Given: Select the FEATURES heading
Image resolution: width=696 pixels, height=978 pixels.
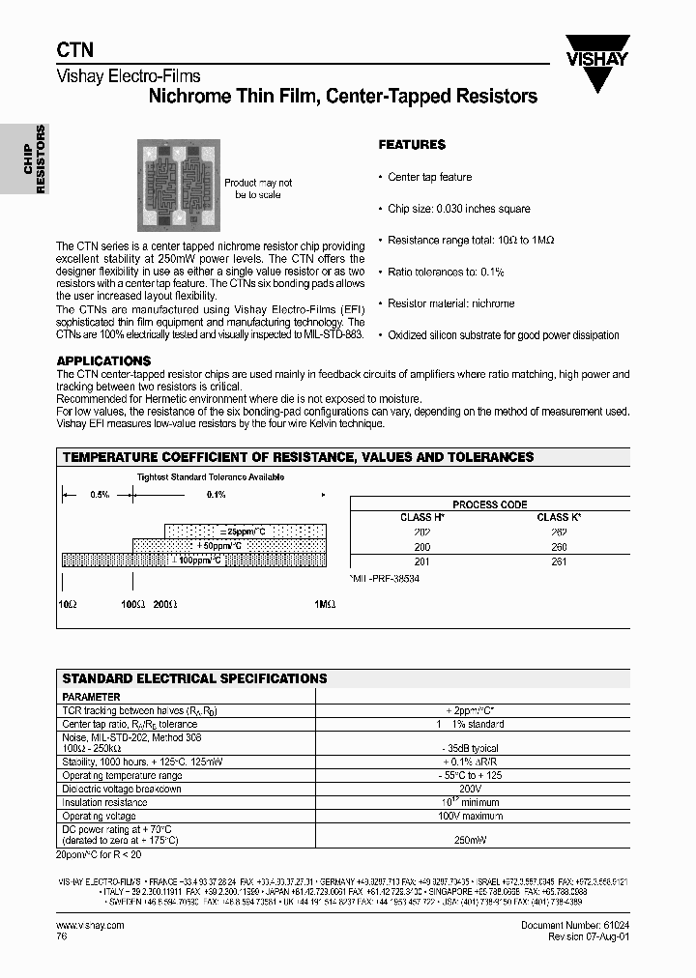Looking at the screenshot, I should [x=412, y=145].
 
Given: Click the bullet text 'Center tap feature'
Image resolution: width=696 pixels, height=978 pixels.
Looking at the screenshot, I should [x=430, y=177].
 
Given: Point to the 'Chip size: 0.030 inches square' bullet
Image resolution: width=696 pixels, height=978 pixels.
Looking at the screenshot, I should [x=459, y=209].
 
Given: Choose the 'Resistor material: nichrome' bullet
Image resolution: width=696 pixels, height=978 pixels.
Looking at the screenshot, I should [x=450, y=303].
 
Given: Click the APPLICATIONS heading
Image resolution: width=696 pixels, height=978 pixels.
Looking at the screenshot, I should [x=103, y=360].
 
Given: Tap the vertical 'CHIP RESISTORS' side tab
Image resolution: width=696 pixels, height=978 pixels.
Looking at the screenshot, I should [x=35, y=159].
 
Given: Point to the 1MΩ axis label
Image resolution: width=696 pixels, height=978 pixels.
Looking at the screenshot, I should [x=325, y=603].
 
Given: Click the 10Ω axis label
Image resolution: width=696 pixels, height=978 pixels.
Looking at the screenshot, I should [x=68, y=603].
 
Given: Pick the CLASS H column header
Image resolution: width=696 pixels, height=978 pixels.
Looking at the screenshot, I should [x=422, y=517].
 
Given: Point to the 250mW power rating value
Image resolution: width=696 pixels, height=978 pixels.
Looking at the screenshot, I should [x=468, y=841].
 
